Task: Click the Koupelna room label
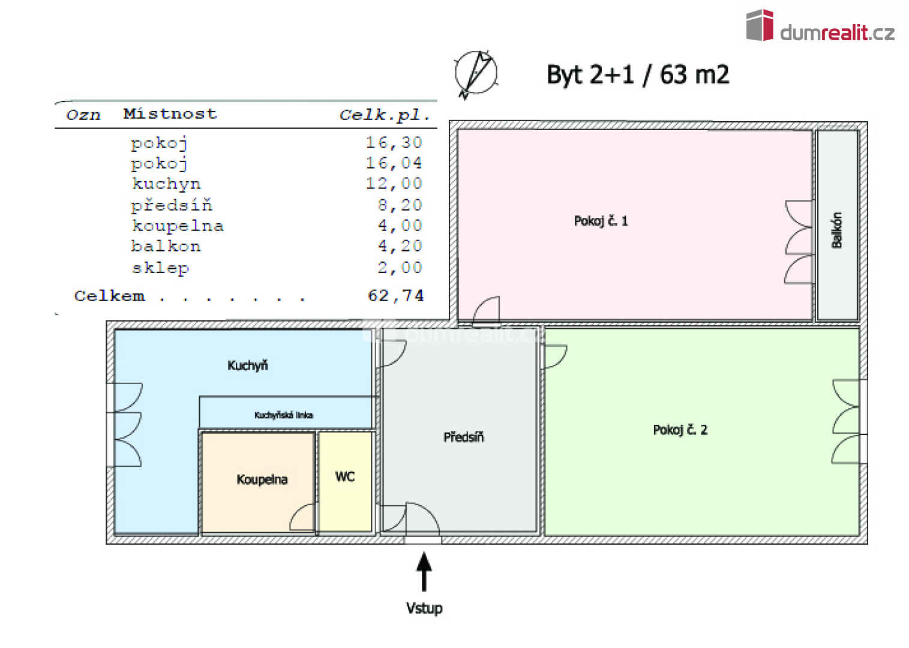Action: (262, 479)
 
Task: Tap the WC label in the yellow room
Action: (345, 477)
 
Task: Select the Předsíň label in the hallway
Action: (463, 437)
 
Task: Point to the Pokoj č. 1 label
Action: (601, 221)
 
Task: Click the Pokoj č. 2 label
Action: (680, 430)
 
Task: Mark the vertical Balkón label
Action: (837, 230)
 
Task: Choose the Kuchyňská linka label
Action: (283, 415)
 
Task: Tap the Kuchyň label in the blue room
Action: (247, 365)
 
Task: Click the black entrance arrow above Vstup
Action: (424, 571)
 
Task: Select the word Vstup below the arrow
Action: (424, 608)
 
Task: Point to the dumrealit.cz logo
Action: (820, 28)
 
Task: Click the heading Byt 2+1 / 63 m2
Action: (637, 75)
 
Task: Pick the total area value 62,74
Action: (395, 296)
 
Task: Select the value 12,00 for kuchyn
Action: (394, 184)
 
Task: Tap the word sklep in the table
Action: (161, 268)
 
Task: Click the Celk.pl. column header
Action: (385, 115)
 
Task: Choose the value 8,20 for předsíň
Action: (400, 205)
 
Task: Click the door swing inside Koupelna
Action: (303, 517)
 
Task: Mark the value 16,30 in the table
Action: (394, 143)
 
